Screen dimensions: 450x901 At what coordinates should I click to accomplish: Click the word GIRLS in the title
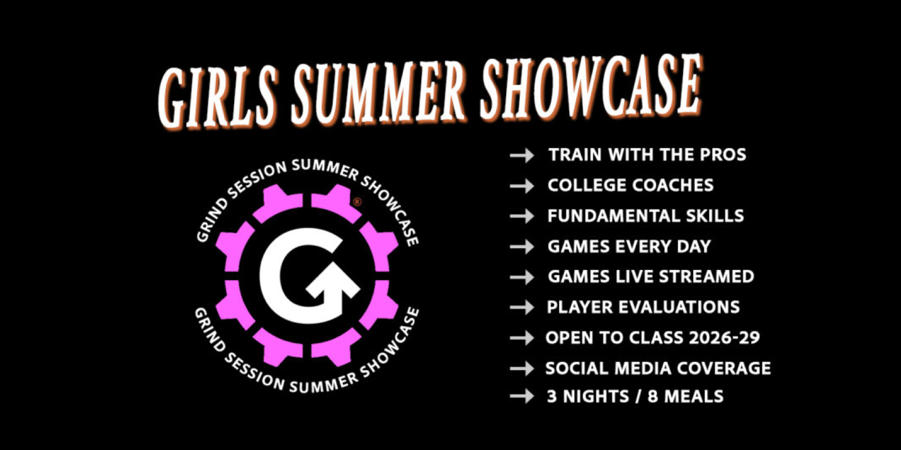coord(217,97)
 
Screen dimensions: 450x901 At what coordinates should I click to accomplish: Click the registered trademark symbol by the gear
coord(357,201)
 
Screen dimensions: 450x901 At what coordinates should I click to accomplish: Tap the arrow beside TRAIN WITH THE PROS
coord(522,155)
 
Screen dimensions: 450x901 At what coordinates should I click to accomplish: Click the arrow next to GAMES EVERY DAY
coord(522,246)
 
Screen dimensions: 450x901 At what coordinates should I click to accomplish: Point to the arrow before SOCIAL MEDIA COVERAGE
coord(522,368)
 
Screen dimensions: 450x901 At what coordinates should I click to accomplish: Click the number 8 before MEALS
coord(653,397)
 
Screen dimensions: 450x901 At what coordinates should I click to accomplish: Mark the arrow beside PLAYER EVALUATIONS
coord(522,307)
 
